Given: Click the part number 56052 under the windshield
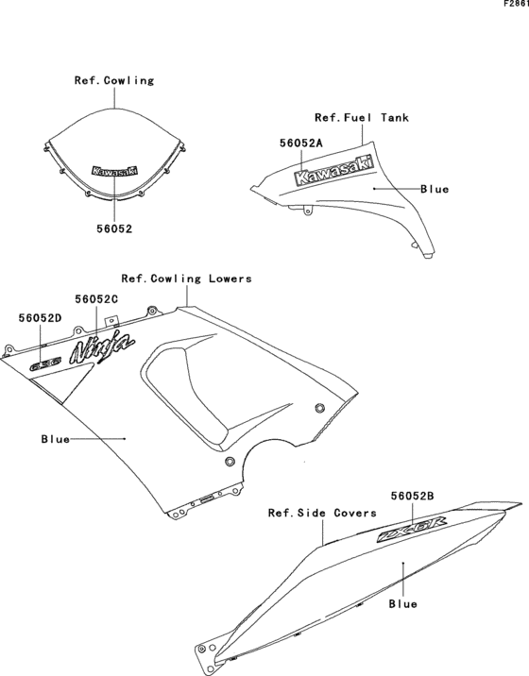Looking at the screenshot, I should [x=114, y=228].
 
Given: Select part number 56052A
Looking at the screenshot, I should [x=301, y=143].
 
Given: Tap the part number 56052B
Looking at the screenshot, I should [x=412, y=494].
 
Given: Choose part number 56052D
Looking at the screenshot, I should [x=40, y=318].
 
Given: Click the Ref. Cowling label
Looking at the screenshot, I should [x=114, y=80].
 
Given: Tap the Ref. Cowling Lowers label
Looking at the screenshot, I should [x=186, y=279].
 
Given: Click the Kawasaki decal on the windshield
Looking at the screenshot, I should [x=114, y=172].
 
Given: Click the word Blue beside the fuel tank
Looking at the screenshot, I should [x=435, y=189].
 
